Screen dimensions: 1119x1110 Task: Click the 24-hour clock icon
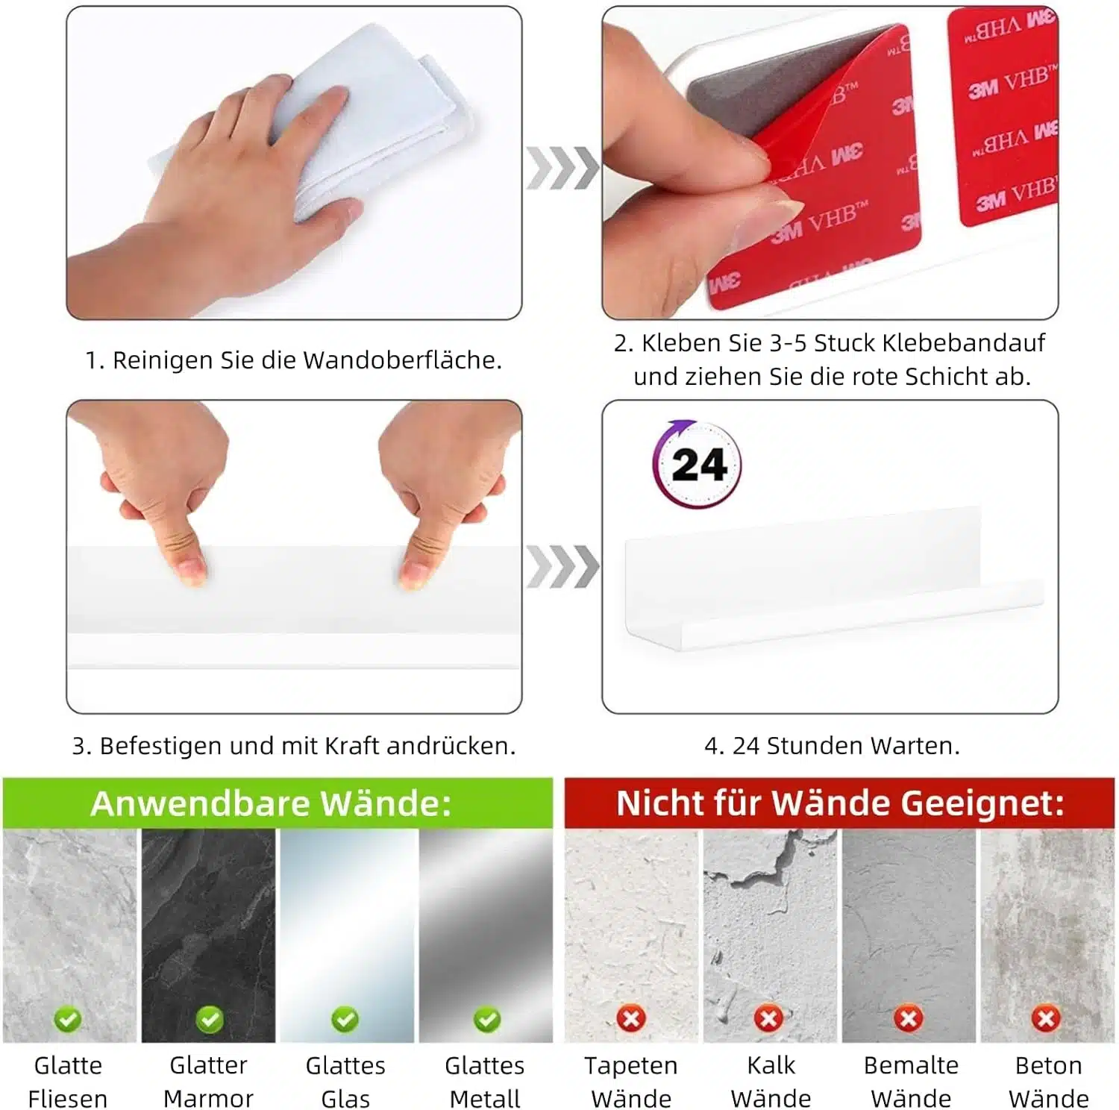(x=697, y=464)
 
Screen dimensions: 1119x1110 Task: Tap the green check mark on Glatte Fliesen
(x=68, y=1019)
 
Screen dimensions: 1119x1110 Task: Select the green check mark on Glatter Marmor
(x=209, y=1019)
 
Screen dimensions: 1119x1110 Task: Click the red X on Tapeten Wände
(x=631, y=1018)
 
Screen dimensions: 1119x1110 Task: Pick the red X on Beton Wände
(x=1046, y=1018)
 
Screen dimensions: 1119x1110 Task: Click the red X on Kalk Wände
(x=769, y=1018)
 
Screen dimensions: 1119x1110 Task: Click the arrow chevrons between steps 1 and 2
(x=562, y=168)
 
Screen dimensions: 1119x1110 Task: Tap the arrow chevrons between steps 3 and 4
(x=562, y=567)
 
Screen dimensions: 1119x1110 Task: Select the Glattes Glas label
(x=345, y=1082)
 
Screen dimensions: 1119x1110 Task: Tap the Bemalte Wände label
(x=911, y=1082)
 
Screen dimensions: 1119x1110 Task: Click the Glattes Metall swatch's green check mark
(x=487, y=1019)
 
